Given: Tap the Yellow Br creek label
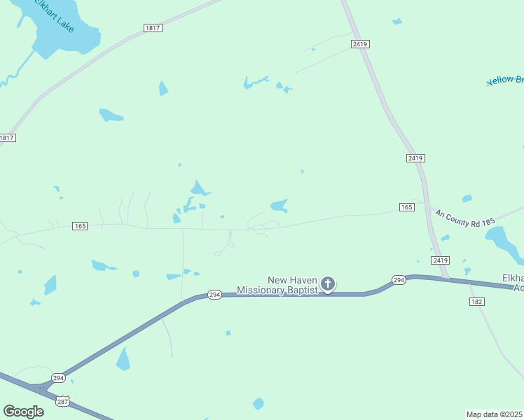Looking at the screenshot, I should click(505, 80).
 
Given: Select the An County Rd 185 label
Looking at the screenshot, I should click(465, 217).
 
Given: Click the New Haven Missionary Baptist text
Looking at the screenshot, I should click(277, 285).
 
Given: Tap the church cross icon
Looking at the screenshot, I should click(328, 284).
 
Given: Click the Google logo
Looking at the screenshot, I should click(23, 412).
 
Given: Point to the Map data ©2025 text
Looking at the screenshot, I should click(495, 414).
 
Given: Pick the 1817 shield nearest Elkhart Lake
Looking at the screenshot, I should click(153, 28).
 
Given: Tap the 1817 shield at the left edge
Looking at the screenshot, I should click(7, 138).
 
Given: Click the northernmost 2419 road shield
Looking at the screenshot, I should click(360, 44).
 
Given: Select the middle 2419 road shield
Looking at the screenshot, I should click(415, 158).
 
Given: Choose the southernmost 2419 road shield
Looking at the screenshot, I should click(440, 260).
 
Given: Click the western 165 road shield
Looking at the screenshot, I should click(80, 225).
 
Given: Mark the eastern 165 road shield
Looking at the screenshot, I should click(407, 207).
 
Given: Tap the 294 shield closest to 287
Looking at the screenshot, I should click(59, 378).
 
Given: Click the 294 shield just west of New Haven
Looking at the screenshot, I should click(214, 295).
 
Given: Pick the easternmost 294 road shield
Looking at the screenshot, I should click(399, 280).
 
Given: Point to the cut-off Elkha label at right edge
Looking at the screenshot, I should click(513, 282).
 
